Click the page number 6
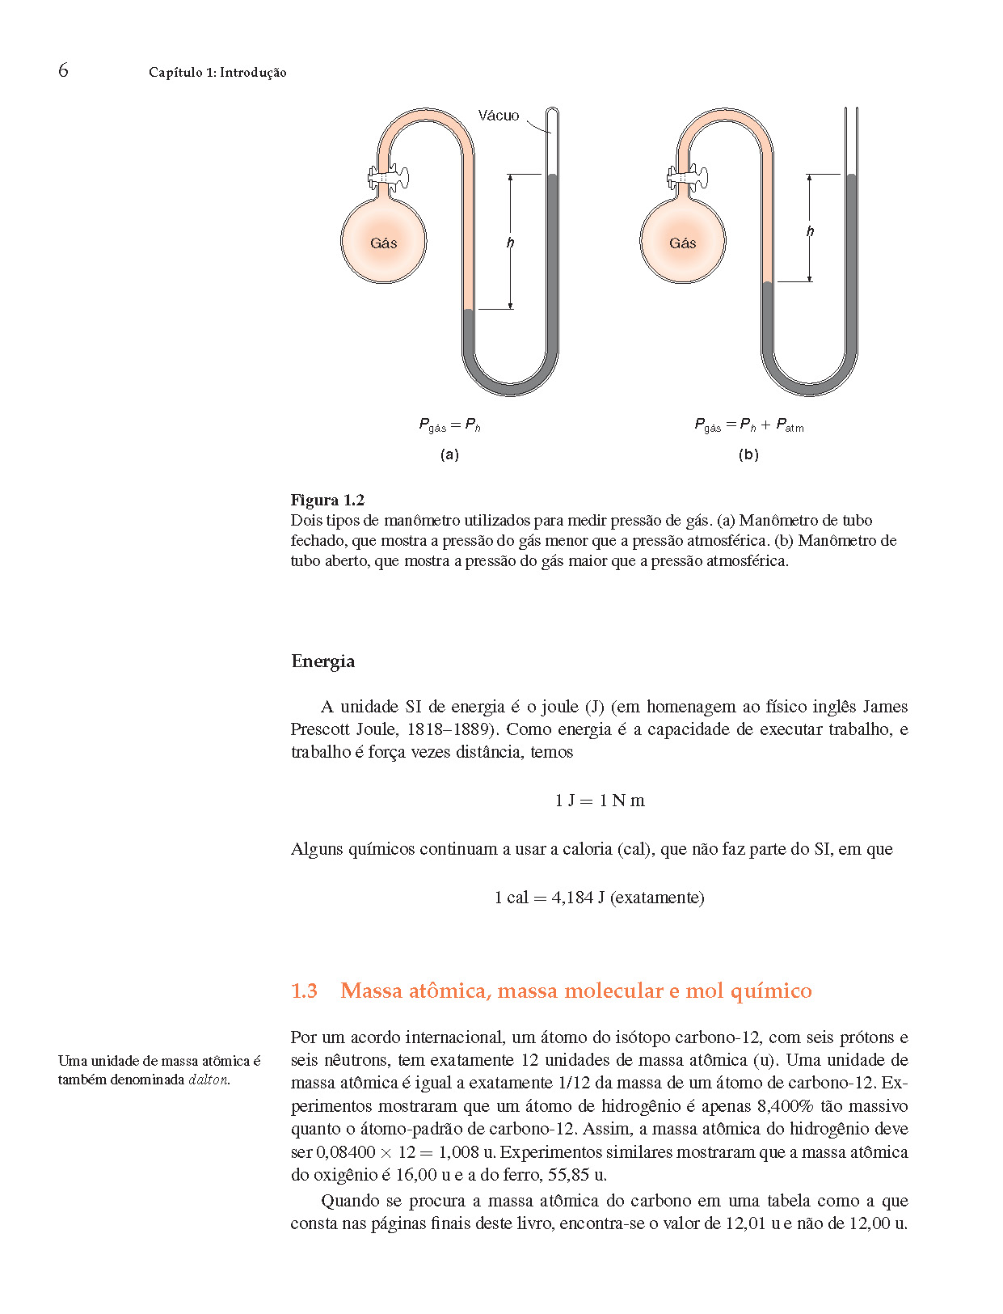point(63,70)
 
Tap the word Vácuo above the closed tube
point(498,116)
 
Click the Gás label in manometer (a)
point(384,243)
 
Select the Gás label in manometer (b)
point(683,243)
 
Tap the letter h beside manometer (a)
point(510,243)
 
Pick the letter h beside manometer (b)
point(810,232)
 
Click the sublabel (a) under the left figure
point(449,454)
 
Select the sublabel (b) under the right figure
point(748,454)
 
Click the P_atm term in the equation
point(790,425)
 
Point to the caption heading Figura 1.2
point(327,500)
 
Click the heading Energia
point(322,661)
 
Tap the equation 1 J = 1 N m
point(600,801)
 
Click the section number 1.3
point(304,991)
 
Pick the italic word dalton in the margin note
point(209,1080)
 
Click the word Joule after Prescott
point(376,729)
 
